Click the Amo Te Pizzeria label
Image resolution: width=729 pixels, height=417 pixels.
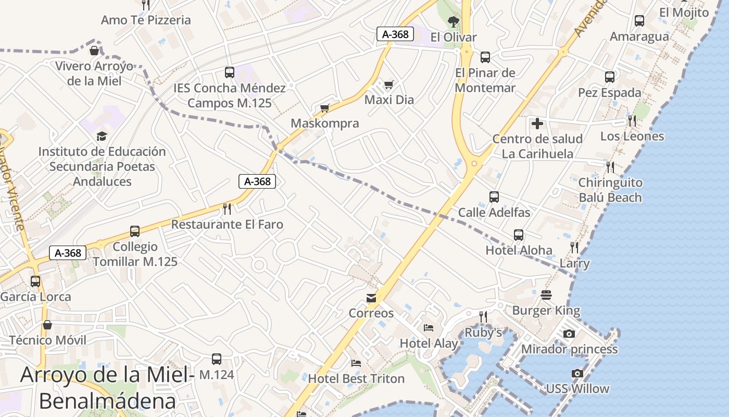[x=146, y=20]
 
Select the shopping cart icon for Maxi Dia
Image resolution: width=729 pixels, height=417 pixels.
[x=388, y=84]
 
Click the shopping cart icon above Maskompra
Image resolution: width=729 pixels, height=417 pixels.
[x=325, y=108]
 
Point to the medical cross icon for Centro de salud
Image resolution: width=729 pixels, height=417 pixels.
[x=537, y=124]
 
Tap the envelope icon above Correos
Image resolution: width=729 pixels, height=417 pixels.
[x=371, y=298]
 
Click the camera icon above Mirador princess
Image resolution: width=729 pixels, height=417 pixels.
[x=569, y=334]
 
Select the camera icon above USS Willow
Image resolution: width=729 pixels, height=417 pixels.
[x=577, y=373]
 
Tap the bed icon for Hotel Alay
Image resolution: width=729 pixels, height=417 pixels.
[x=429, y=328]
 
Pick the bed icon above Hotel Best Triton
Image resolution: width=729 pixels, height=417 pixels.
[x=356, y=363]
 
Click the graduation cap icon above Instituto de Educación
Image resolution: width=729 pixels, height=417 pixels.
[x=102, y=137]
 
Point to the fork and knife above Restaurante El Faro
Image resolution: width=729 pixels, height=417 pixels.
[x=227, y=209]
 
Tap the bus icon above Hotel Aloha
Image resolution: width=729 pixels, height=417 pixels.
[x=519, y=235]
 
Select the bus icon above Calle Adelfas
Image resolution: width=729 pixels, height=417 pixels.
[x=494, y=197]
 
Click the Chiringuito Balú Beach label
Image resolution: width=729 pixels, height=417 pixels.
[x=610, y=190]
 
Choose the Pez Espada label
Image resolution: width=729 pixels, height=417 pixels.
[x=610, y=93]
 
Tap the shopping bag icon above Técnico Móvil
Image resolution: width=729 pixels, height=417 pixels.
[x=47, y=325]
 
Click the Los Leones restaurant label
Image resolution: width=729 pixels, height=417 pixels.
[x=632, y=137]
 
